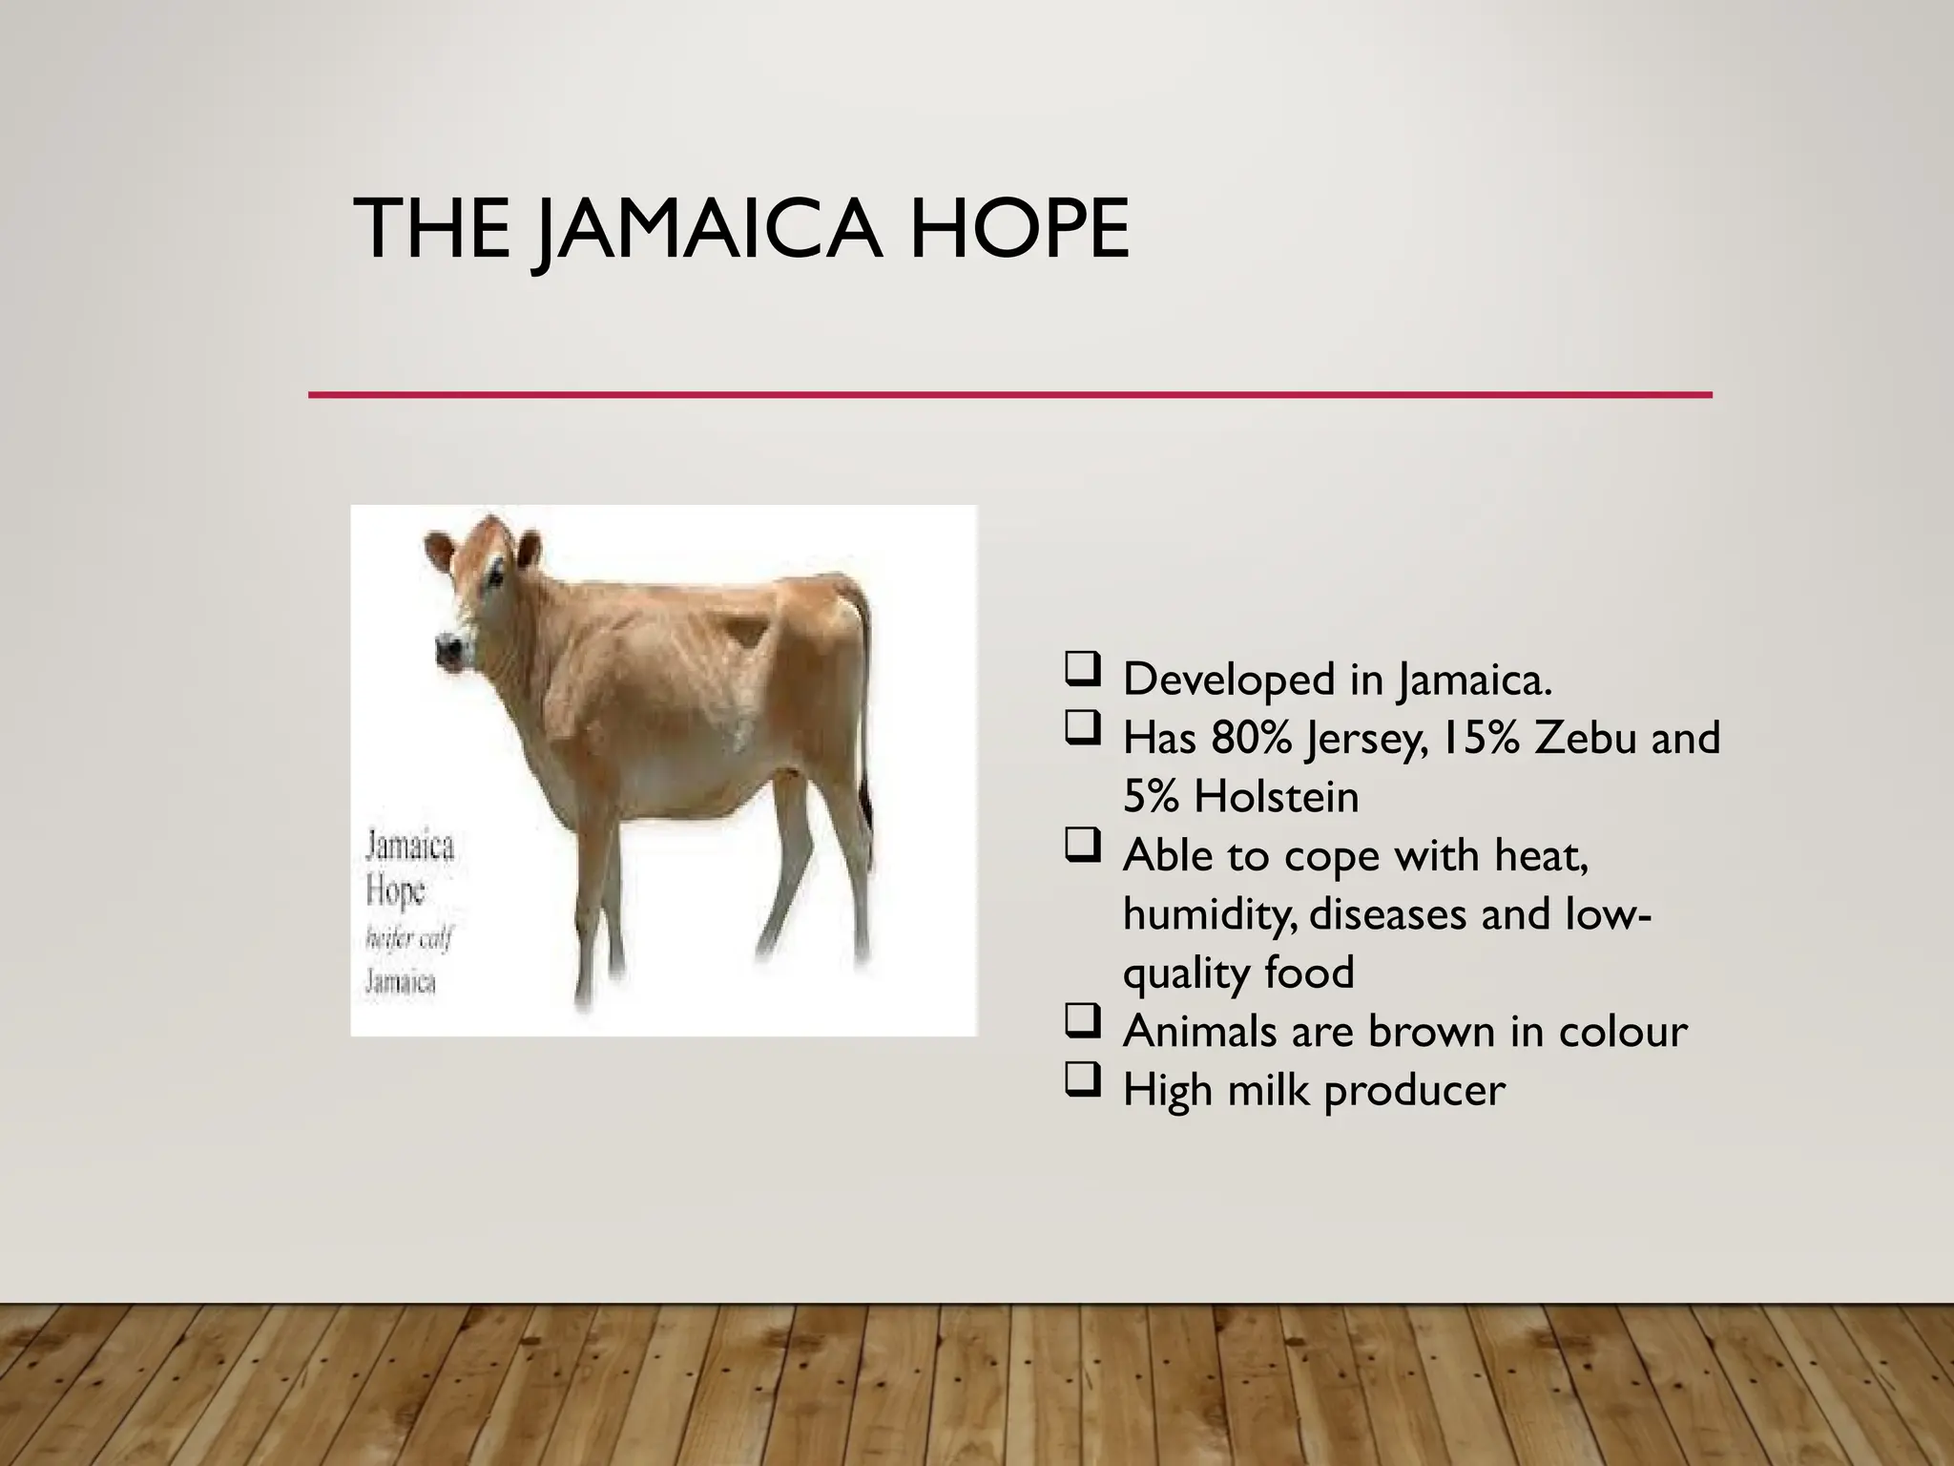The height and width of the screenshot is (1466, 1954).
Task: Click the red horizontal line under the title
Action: (1009, 394)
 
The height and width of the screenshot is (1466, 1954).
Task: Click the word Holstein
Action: (1277, 797)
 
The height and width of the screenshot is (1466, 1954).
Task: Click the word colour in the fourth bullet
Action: (1622, 1031)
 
